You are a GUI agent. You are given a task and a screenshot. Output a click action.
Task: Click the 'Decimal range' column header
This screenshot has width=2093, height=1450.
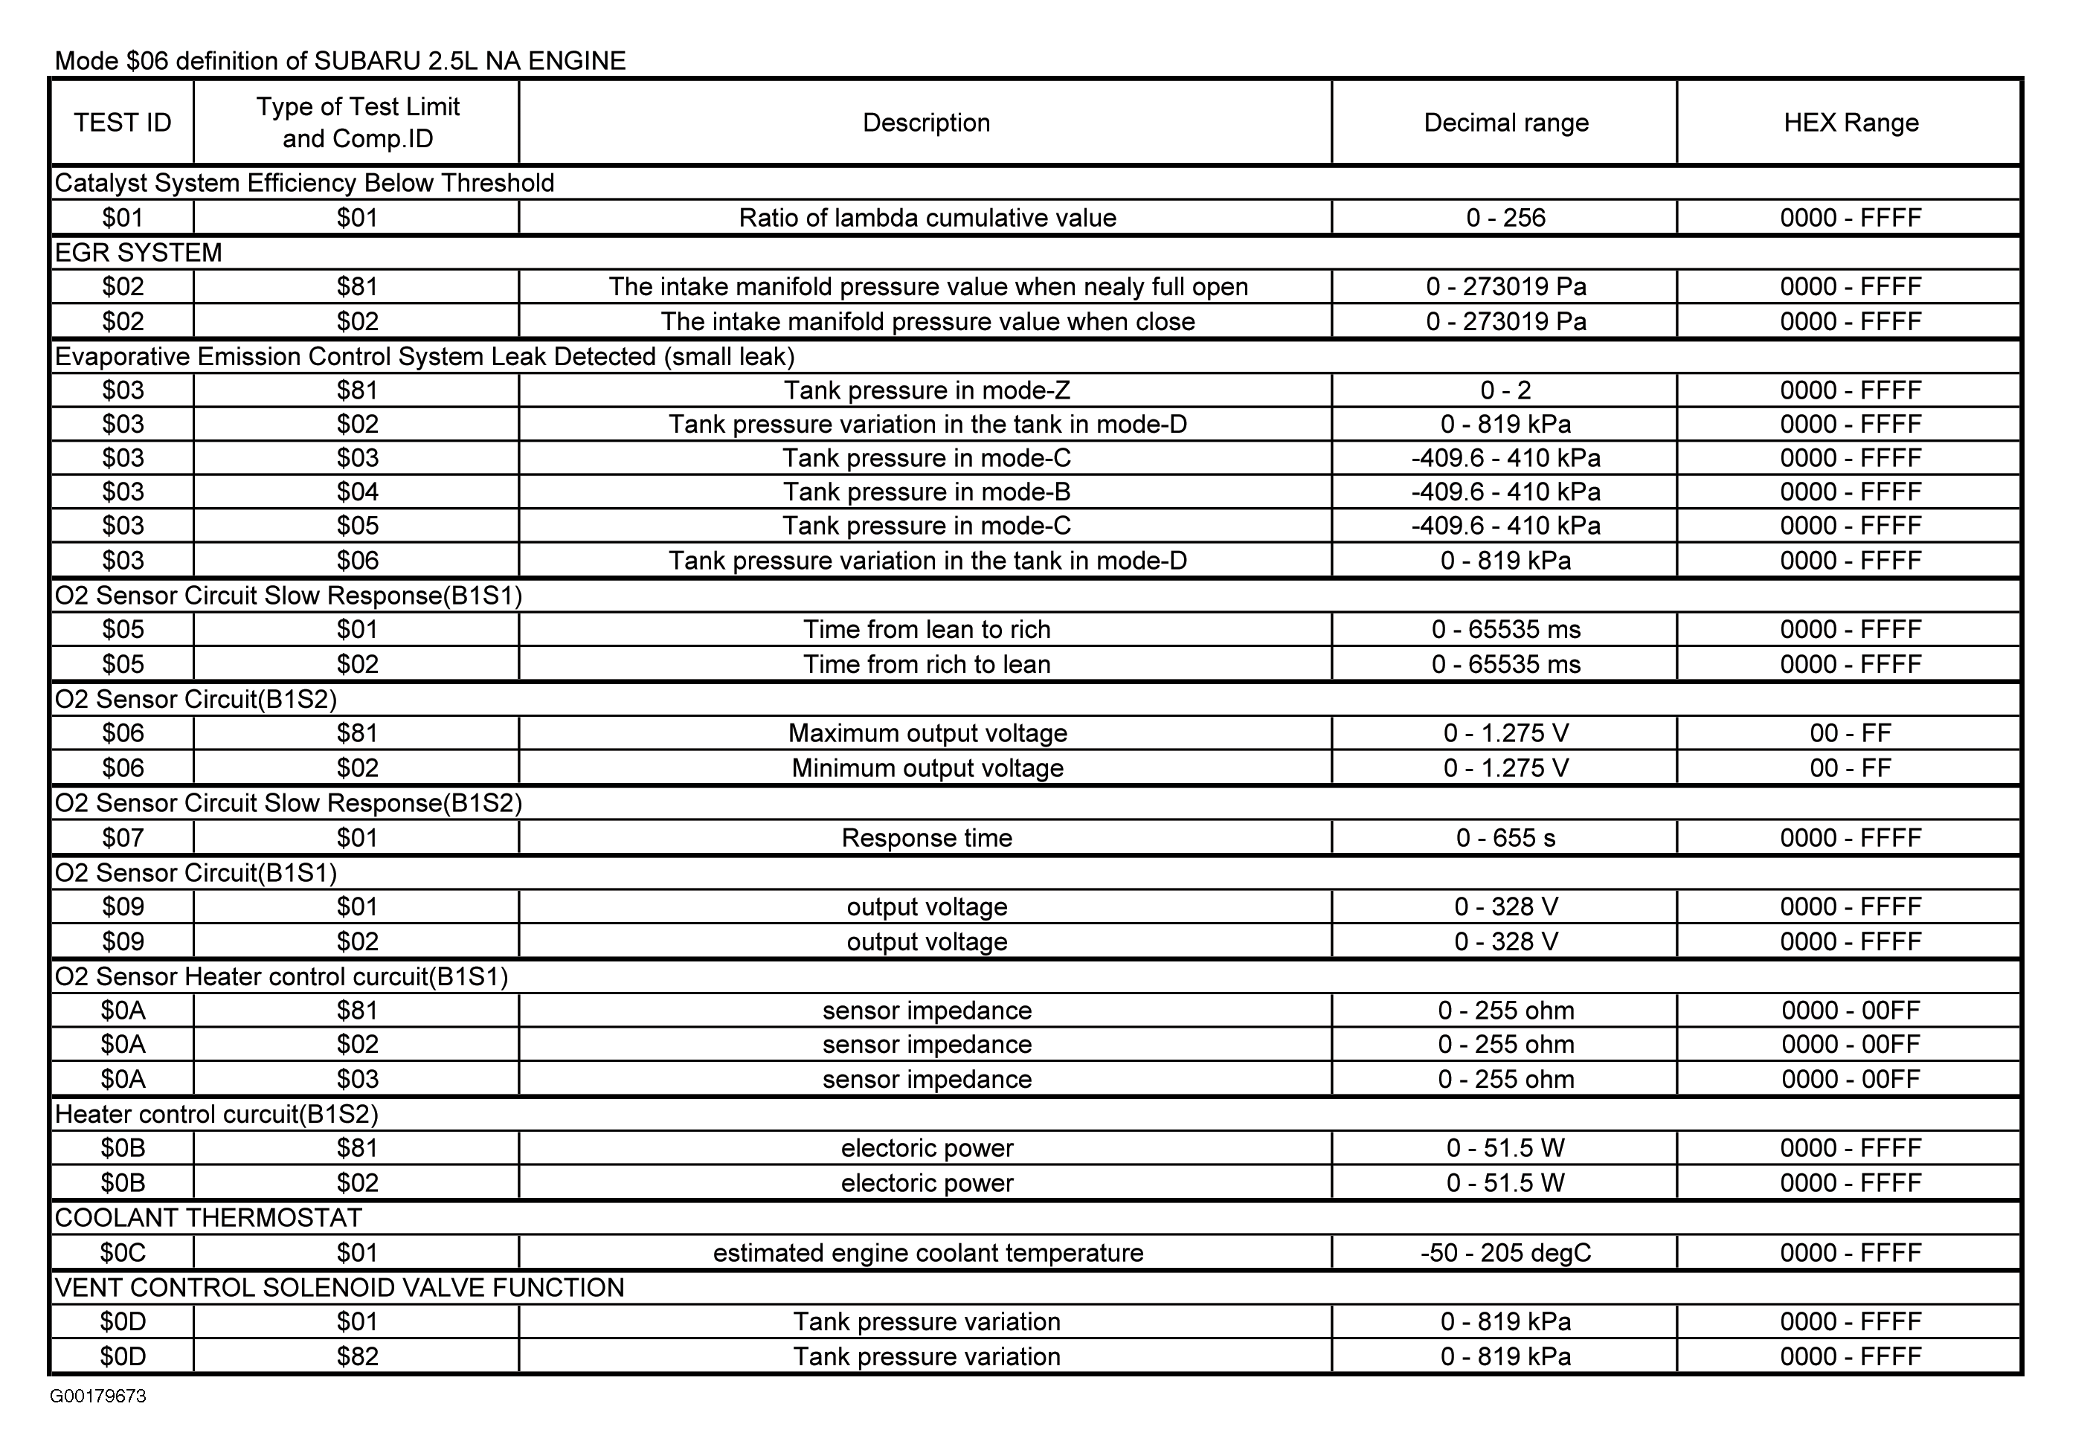1505,123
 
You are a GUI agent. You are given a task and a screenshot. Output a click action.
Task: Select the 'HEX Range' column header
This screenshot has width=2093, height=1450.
1851,123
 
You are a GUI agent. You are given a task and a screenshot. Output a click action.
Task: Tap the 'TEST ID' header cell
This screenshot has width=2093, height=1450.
123,123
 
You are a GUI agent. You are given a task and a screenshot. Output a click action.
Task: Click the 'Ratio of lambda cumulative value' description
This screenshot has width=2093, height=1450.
926,218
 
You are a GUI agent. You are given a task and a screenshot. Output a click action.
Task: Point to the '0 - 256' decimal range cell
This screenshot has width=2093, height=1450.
1505,218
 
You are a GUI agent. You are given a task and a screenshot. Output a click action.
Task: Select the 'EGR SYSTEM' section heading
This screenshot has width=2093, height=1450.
138,253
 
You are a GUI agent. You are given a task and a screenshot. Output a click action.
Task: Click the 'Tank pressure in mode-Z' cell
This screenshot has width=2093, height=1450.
926,390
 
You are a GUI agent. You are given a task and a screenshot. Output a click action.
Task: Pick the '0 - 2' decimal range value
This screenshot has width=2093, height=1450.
1505,390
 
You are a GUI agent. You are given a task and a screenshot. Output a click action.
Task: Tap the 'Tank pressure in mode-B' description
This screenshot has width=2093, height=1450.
926,492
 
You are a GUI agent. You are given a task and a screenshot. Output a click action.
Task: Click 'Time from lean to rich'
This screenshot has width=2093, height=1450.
926,630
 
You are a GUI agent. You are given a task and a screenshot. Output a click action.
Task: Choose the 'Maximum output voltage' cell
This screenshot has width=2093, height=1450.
926,733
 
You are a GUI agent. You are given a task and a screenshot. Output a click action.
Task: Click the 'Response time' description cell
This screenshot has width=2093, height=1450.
926,838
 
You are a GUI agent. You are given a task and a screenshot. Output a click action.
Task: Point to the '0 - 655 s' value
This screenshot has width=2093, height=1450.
1505,838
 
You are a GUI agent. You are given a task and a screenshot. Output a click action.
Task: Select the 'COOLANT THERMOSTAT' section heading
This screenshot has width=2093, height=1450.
208,1217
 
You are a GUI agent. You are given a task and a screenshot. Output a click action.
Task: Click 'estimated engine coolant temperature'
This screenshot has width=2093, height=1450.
926,1253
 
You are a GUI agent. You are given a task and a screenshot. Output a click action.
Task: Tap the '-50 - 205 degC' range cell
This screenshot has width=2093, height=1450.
1505,1253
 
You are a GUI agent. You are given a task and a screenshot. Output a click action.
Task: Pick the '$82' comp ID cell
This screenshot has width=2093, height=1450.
357,1356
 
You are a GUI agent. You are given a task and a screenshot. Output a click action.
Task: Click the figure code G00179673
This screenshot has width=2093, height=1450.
98,1396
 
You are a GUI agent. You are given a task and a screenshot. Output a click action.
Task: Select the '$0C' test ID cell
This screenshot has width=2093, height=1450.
123,1253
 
